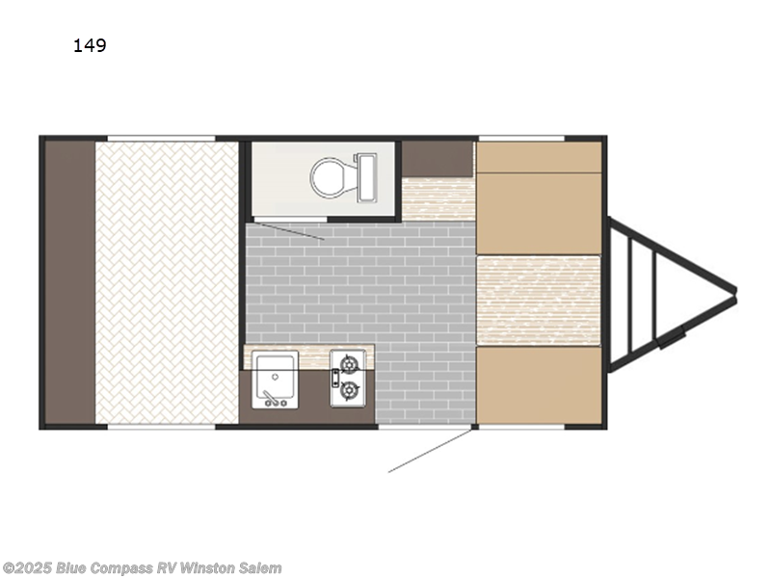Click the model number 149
[90, 45]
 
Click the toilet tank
[367, 177]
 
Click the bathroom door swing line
[289, 232]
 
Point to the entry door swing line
[430, 451]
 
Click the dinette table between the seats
[539, 301]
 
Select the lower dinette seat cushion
[539, 385]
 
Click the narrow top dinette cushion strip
[539, 157]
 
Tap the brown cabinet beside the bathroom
[438, 159]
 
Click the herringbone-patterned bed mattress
[167, 282]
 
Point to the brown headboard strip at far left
[69, 282]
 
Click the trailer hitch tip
[735, 291]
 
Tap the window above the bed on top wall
[161, 138]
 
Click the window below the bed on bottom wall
[161, 427]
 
